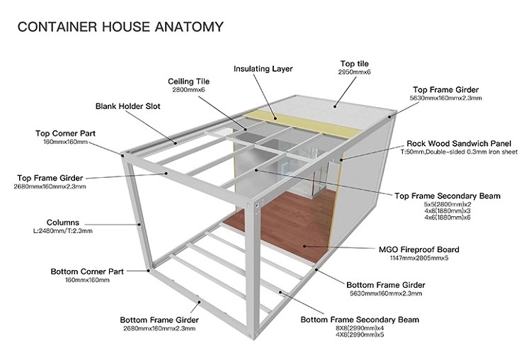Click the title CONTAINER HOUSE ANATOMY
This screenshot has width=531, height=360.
click(120, 28)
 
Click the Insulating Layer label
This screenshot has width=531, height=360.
click(263, 69)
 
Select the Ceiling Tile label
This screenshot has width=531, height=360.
click(188, 81)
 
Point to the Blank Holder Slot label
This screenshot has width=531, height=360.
click(128, 106)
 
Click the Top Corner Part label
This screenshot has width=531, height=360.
click(66, 133)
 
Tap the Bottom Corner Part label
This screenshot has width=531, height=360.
click(87, 271)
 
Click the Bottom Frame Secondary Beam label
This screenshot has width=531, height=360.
click(360, 320)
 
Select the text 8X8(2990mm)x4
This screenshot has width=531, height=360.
click(361, 329)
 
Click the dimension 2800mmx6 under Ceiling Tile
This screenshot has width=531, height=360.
click(188, 91)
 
